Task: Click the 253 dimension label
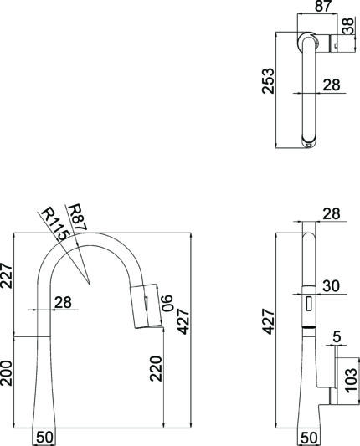269,81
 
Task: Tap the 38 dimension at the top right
348,26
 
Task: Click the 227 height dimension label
6,276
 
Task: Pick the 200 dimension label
6,373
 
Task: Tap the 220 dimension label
156,368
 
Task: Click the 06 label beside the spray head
167,303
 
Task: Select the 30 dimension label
332,286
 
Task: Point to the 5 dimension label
337,337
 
